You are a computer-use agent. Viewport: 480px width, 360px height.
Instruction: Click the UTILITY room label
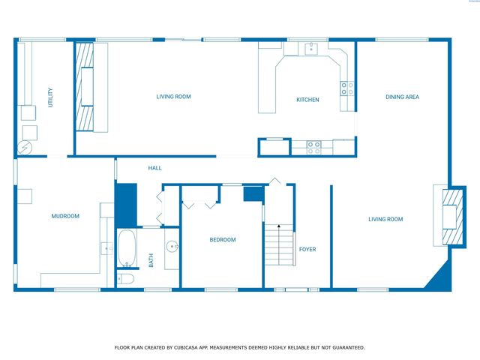point(50,97)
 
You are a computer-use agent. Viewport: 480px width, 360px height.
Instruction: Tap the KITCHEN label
point(307,100)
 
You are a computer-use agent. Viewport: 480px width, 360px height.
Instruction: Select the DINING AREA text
point(402,97)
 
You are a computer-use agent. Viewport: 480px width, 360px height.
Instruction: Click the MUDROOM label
point(65,216)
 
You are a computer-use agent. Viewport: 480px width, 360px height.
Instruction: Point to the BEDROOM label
point(222,240)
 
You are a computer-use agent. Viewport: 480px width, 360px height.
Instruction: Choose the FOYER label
point(307,249)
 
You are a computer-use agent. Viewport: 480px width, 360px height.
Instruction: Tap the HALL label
point(155,168)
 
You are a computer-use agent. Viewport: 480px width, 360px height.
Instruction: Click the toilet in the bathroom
point(126,279)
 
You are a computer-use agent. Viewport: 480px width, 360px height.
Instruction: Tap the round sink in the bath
point(172,246)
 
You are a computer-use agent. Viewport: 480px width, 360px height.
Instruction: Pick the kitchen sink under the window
point(311,49)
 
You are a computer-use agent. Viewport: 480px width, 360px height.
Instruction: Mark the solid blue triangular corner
point(439,280)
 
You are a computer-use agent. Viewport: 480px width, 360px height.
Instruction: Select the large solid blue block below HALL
point(125,205)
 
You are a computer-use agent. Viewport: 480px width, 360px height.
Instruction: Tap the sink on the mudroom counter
point(105,248)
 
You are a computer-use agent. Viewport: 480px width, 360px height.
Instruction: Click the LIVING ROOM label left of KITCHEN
point(174,96)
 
